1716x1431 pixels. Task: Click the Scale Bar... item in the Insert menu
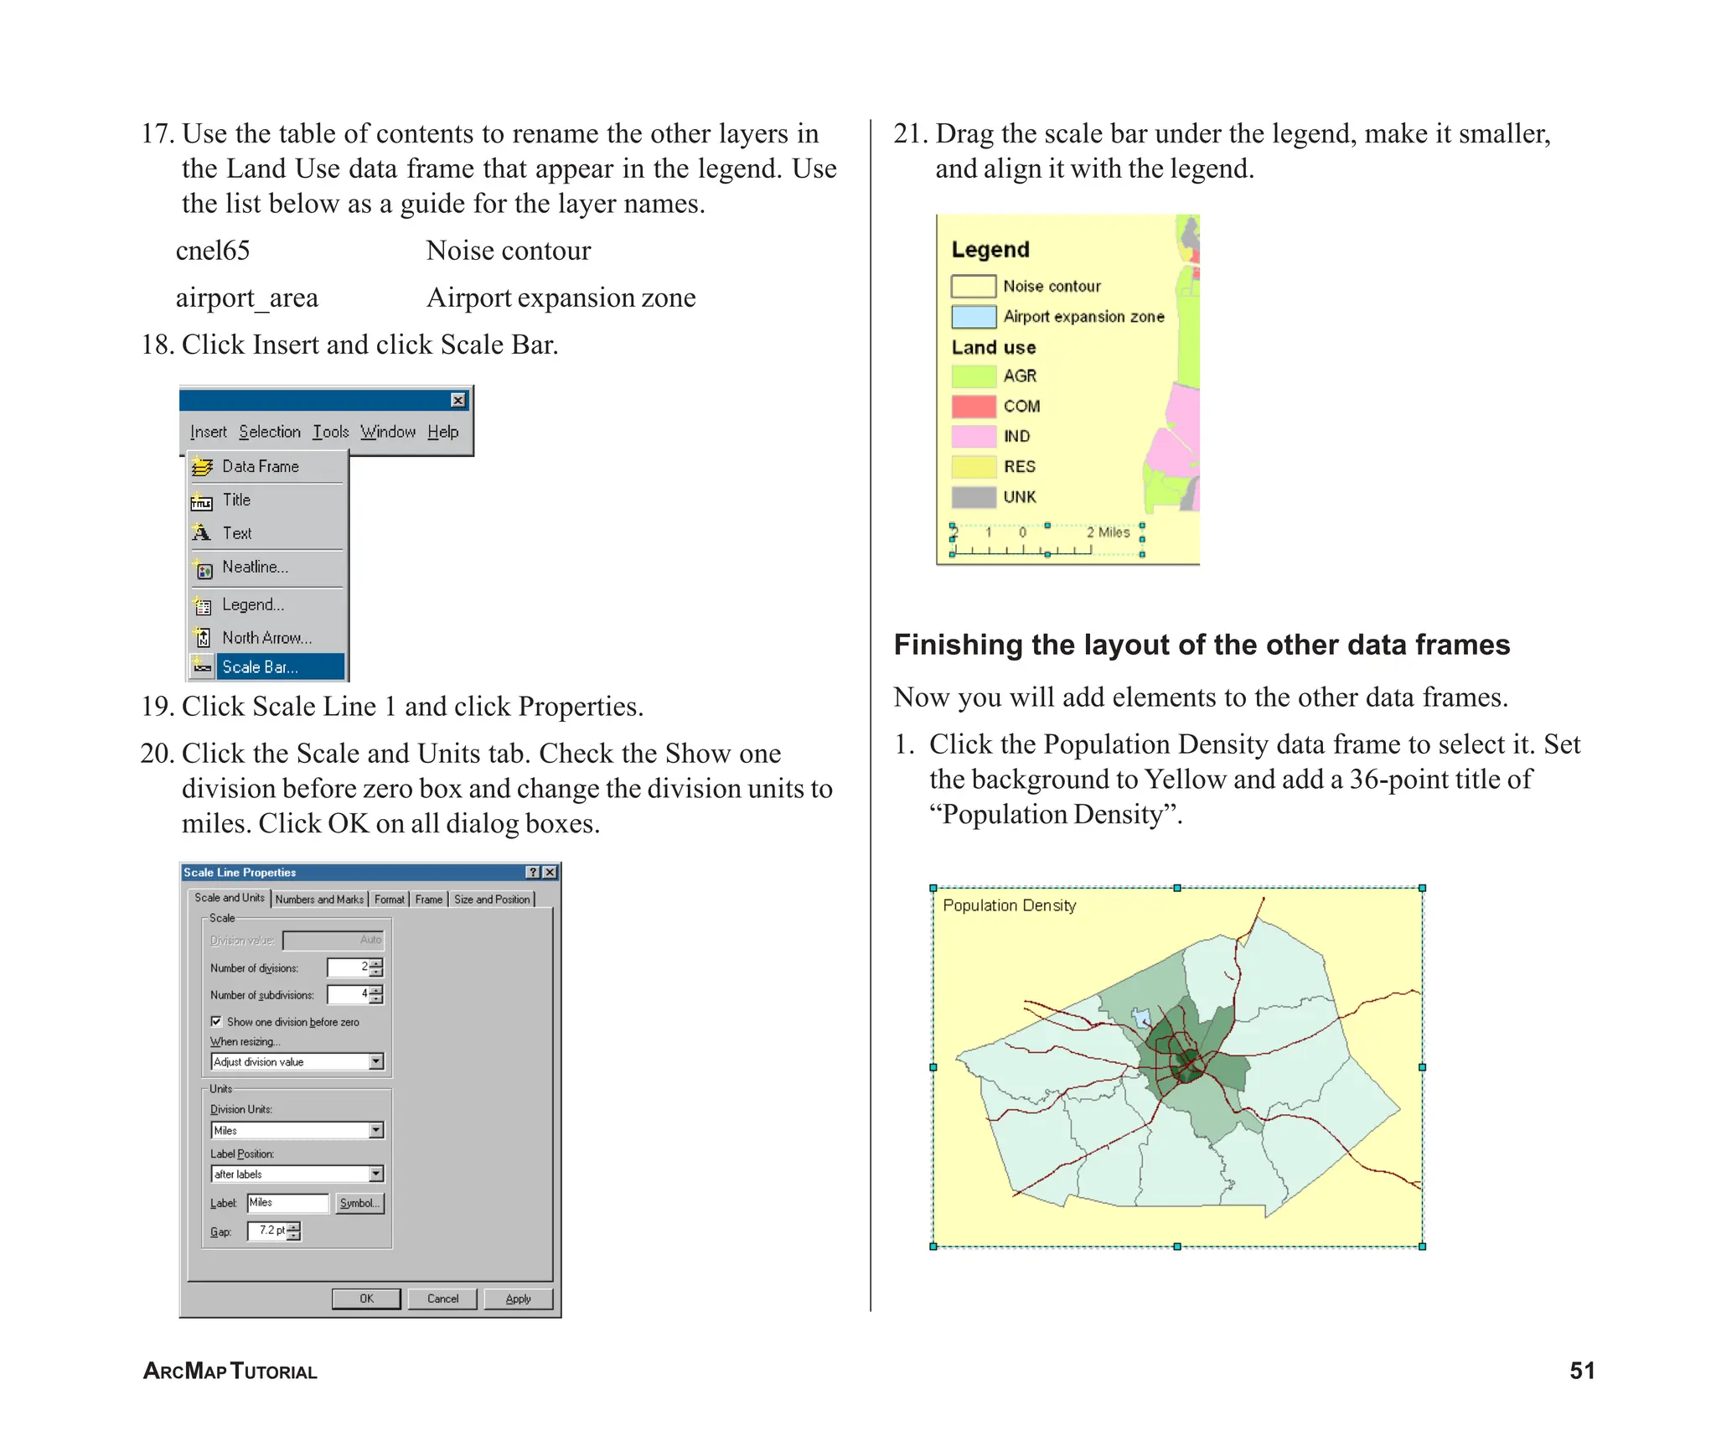pos(260,667)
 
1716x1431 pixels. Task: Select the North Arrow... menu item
pos(266,638)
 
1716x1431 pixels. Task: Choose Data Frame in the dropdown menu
pos(260,466)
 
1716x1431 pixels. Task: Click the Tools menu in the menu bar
pos(331,432)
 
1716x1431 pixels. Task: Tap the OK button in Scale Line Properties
pos(366,1299)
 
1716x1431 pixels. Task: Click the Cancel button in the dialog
pos(442,1299)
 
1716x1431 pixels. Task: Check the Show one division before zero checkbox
pos(216,1021)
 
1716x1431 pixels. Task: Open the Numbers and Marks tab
pos(319,899)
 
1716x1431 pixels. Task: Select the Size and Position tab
pos(492,899)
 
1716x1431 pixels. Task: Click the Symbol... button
pos(359,1203)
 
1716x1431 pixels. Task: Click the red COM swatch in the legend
pos(973,407)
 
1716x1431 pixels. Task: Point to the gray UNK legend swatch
pos(973,497)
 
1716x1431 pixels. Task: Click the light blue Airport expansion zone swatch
pos(973,317)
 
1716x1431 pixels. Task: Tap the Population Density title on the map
pos(1009,905)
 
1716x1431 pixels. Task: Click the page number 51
pos(1581,1370)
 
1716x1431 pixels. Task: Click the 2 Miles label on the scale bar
pos(1108,532)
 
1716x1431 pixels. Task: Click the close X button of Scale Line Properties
pos(550,872)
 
